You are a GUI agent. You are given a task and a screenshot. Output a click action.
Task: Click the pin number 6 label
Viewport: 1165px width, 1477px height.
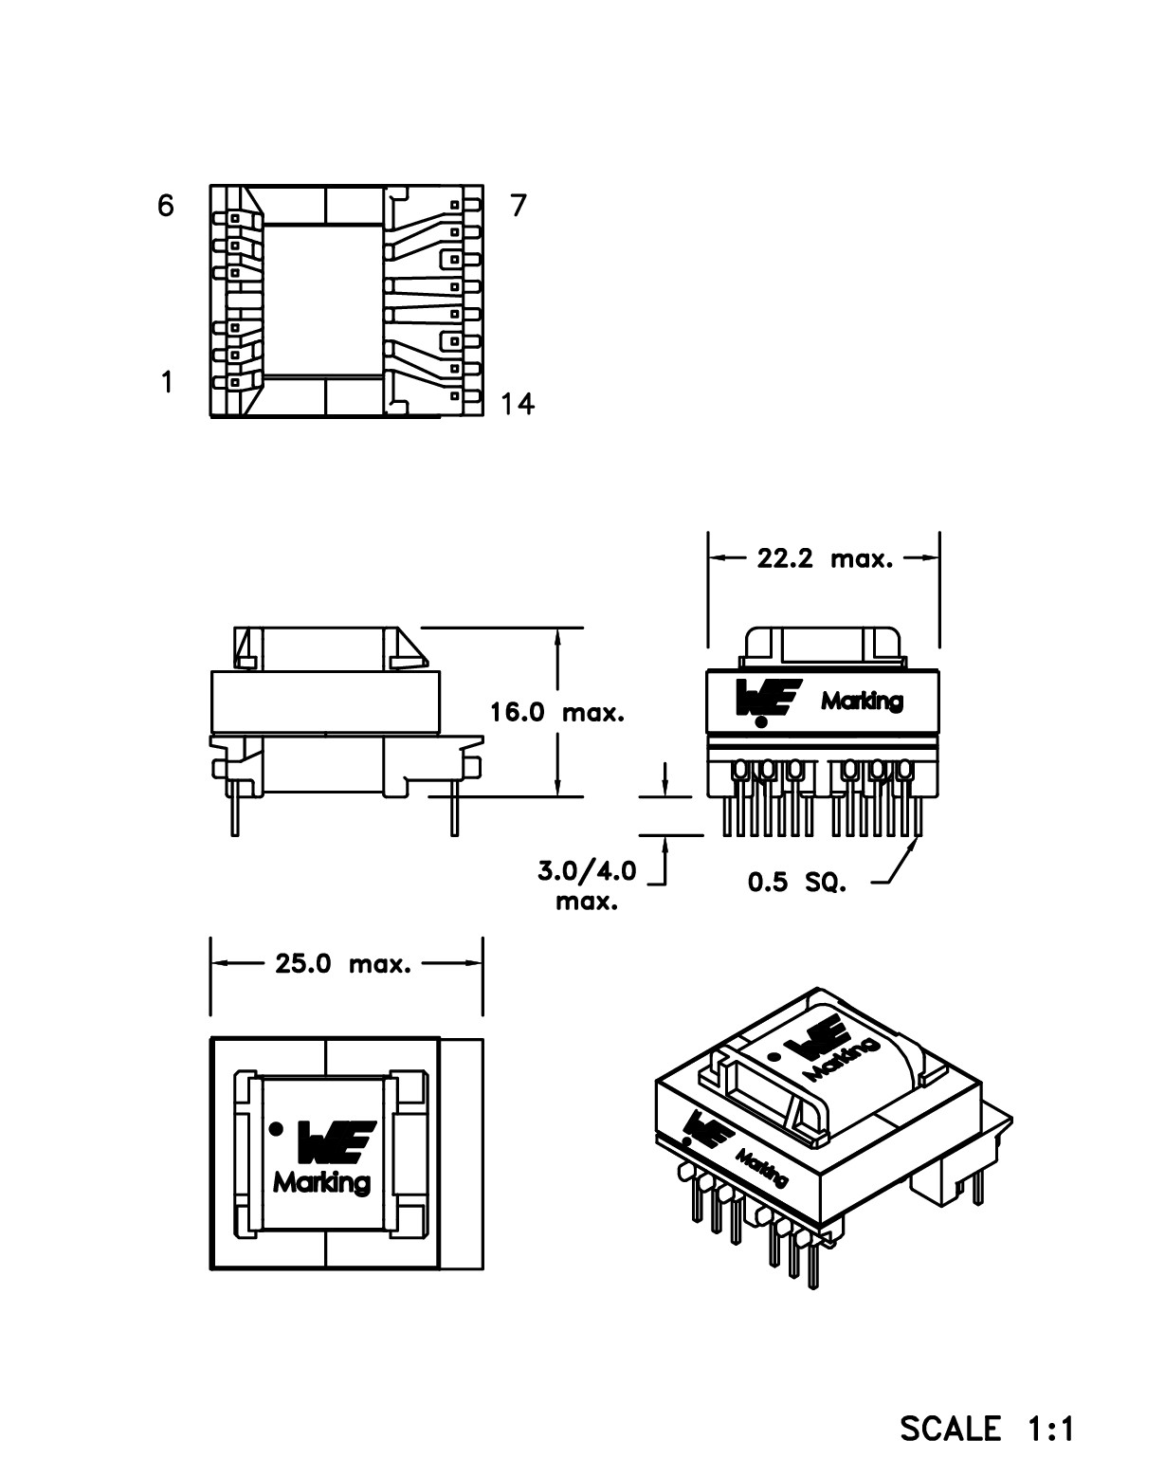tap(166, 205)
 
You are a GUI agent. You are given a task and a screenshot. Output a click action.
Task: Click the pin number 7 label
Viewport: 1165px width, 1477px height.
tap(518, 205)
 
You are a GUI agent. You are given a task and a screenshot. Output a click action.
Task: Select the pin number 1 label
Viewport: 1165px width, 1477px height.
tap(167, 382)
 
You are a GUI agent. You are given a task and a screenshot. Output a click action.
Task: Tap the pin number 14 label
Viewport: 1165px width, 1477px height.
tap(518, 405)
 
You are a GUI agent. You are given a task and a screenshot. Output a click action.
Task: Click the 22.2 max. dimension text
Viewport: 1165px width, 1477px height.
tap(825, 558)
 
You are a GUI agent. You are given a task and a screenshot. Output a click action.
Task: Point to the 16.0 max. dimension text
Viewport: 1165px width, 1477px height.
tap(557, 712)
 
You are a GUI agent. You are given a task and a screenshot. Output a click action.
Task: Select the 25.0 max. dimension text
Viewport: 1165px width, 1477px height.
tap(343, 964)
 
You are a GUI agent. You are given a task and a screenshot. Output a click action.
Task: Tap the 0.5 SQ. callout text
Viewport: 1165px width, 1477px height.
tap(796, 883)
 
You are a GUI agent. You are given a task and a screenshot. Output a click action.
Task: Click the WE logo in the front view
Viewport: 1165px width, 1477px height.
tap(769, 697)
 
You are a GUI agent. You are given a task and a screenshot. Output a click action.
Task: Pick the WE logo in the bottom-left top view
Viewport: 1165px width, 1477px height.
tap(337, 1140)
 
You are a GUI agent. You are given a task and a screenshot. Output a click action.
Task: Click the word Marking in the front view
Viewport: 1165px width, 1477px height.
tap(862, 702)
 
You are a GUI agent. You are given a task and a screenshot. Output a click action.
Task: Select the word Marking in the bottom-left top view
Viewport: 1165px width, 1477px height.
tap(322, 1182)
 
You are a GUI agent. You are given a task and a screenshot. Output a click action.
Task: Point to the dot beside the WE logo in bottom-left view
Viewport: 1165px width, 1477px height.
tap(276, 1128)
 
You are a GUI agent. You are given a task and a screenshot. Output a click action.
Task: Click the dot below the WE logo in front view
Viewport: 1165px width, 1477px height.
tap(761, 721)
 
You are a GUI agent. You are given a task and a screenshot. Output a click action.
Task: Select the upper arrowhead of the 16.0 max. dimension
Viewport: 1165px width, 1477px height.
tap(558, 638)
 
